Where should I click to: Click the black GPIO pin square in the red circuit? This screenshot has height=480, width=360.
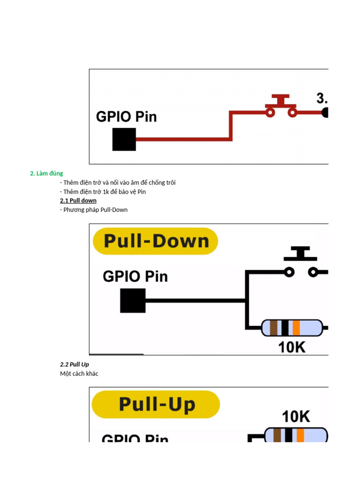(x=124, y=139)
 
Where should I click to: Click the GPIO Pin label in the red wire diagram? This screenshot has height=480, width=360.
(x=126, y=116)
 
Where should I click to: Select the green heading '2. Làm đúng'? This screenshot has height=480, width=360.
(x=46, y=173)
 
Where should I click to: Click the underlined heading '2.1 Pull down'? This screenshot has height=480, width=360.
(x=78, y=201)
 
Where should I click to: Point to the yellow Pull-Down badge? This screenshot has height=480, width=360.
(x=156, y=241)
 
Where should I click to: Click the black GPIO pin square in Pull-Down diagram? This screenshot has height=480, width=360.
(x=133, y=300)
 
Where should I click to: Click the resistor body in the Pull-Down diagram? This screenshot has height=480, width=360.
(x=292, y=328)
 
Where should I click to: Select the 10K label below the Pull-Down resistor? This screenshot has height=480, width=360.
(x=292, y=347)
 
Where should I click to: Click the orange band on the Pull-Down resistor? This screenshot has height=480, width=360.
(x=296, y=328)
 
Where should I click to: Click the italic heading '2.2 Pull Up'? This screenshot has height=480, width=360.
(x=75, y=364)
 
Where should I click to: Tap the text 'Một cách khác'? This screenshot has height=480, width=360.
(x=79, y=374)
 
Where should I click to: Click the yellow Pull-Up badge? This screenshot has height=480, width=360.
(x=156, y=405)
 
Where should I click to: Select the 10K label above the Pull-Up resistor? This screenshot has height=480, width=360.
(x=295, y=416)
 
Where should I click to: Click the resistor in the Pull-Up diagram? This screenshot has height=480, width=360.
(x=295, y=435)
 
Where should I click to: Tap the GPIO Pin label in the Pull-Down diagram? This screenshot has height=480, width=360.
(x=135, y=276)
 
